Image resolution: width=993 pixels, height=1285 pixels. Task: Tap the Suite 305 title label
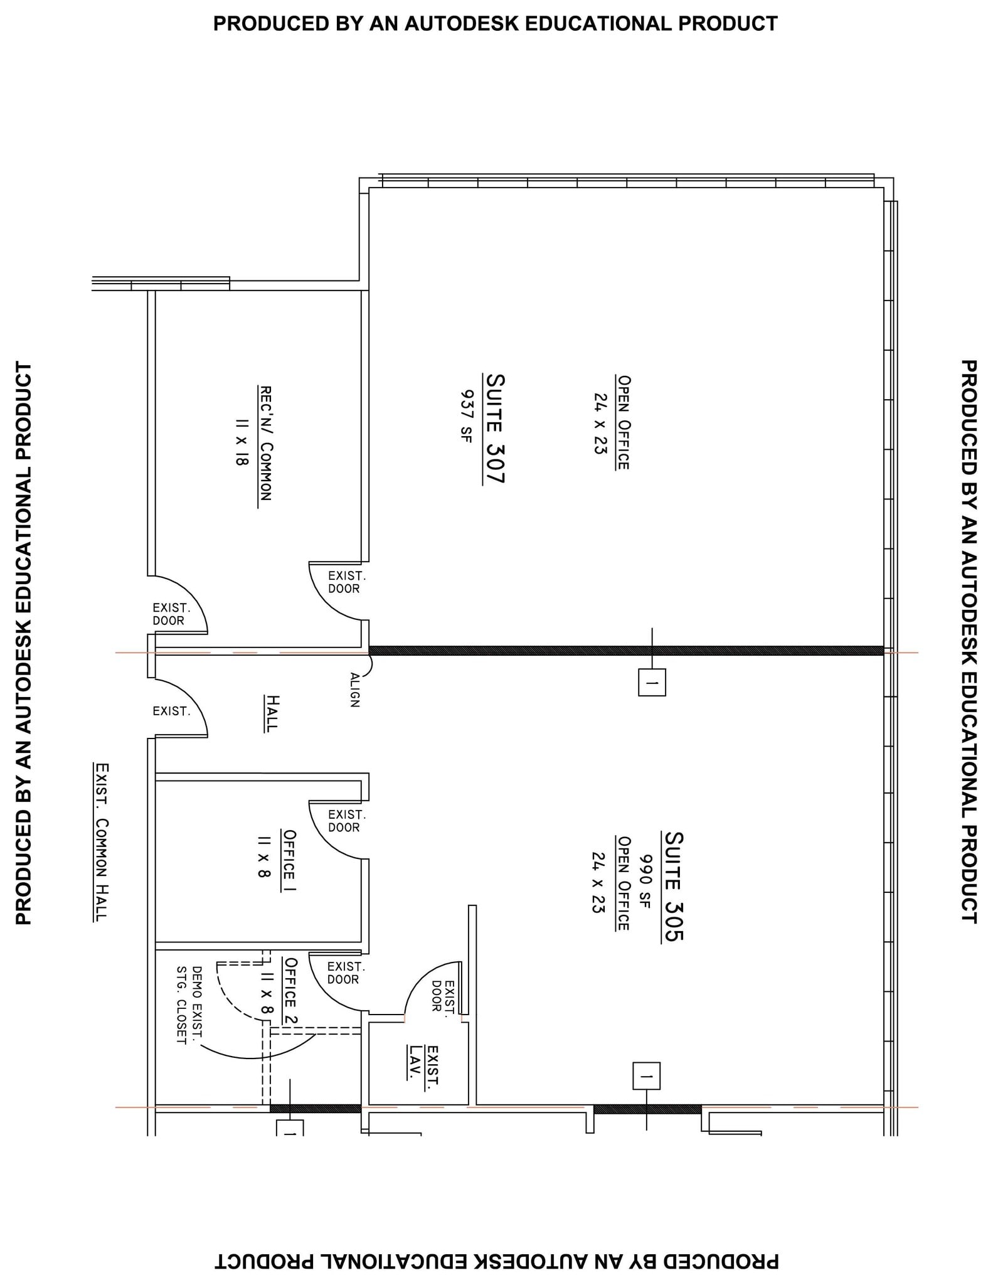tap(673, 886)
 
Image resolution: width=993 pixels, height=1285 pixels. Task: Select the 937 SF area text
tap(466, 416)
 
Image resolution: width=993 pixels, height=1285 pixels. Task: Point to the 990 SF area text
tap(645, 881)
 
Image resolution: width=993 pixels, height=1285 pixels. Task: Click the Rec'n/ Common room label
tap(265, 443)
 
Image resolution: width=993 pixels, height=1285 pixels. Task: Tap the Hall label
tap(272, 713)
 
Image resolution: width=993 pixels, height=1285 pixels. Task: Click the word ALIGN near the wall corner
tap(354, 690)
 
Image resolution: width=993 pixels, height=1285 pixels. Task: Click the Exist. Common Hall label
tap(101, 842)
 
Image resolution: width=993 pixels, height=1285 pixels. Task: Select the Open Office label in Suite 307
tap(623, 422)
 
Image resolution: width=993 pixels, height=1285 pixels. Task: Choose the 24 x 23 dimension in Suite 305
tap(598, 882)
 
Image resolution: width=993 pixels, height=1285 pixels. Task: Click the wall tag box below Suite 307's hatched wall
tap(652, 682)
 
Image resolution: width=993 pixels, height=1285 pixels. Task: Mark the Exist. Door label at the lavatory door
tap(443, 996)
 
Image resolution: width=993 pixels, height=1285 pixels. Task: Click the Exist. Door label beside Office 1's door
tap(346, 821)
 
